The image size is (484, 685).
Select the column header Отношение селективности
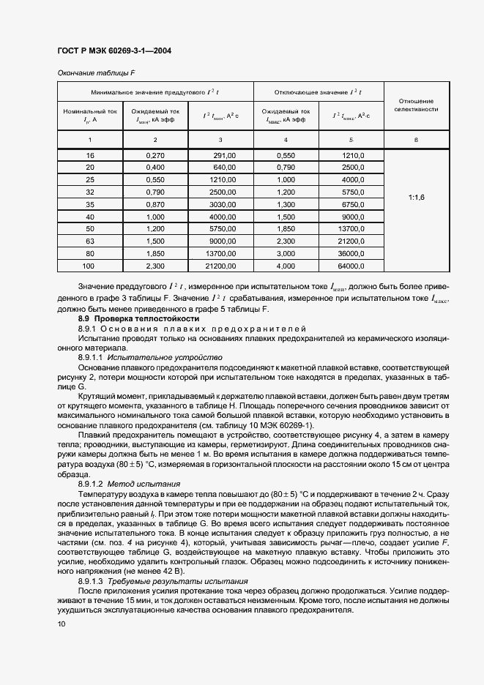click(415, 105)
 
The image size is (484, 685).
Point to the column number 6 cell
click(415, 139)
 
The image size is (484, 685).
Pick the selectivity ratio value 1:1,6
click(415, 198)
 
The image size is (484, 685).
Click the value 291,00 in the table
click(224, 156)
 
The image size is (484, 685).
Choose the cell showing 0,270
click(154, 156)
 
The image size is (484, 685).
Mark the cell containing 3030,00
click(223, 205)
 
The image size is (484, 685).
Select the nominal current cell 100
click(90, 266)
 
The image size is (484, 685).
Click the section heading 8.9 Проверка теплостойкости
click(138, 319)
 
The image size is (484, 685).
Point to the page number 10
click(62, 624)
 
